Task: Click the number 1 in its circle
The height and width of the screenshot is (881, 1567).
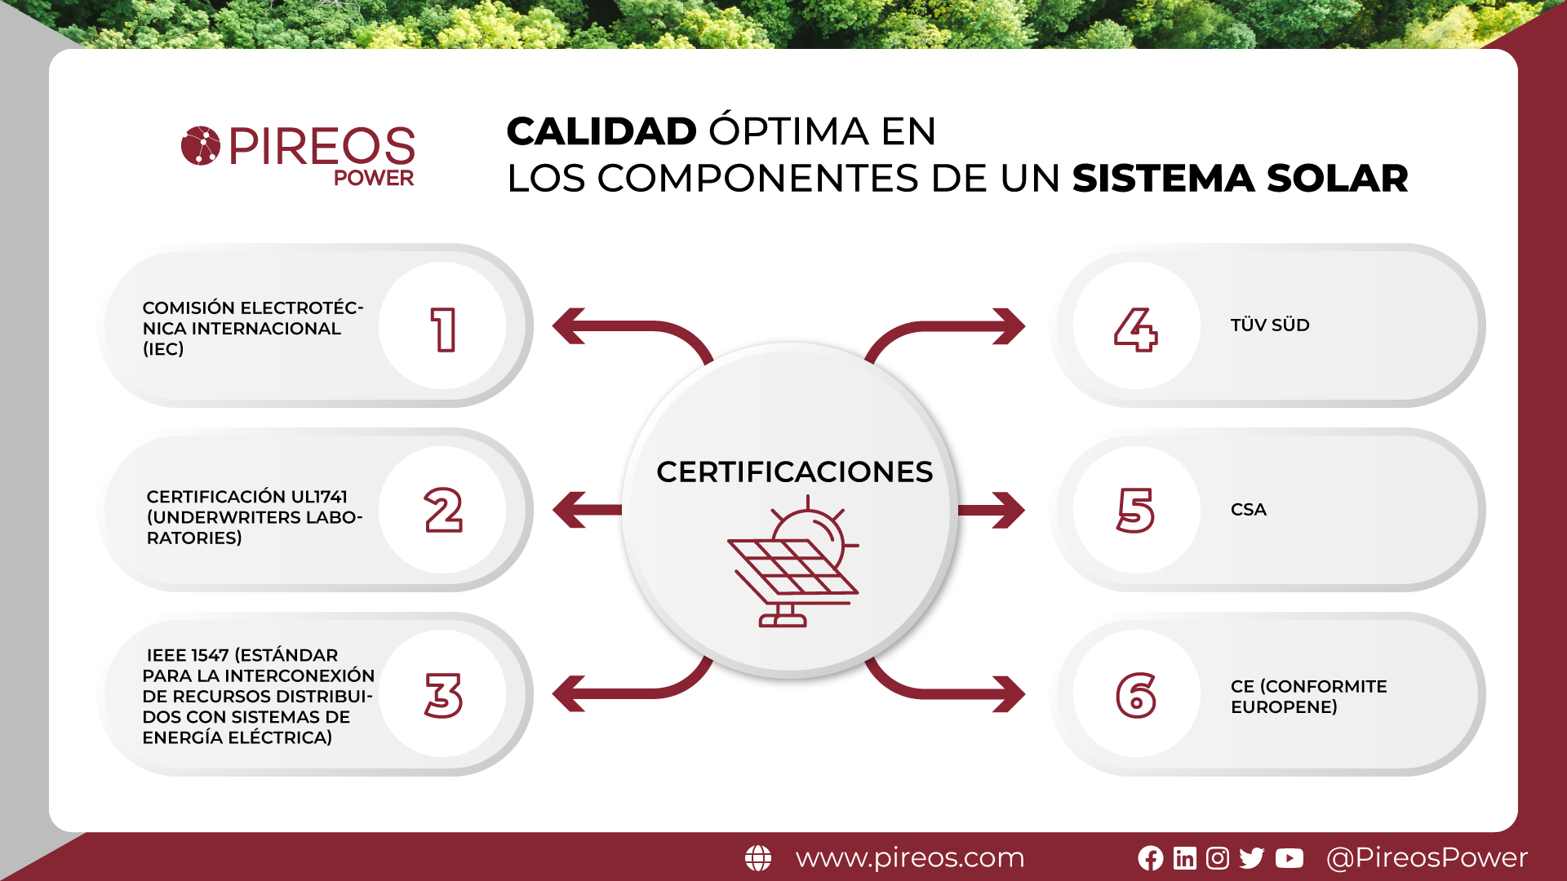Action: coord(442,326)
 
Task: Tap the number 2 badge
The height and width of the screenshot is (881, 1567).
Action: coord(442,510)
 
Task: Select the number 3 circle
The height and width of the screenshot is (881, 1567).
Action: coord(442,694)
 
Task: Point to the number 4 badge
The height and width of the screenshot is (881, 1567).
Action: coord(1136,326)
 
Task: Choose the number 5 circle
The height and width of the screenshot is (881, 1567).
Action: coord(1136,510)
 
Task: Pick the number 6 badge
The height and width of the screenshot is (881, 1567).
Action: coord(1136,694)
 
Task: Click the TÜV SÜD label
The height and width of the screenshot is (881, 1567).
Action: coord(1270,325)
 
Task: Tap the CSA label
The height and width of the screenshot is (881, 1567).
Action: coord(1249,510)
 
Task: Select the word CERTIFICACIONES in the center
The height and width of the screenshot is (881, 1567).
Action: coord(794,471)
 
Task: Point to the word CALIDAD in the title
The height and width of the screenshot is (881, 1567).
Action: coord(601,131)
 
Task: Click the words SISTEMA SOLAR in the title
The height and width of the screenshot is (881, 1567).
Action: coord(1241,178)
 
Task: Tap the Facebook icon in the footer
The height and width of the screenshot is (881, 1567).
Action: coord(1151,858)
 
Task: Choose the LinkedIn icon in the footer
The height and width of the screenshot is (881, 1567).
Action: coord(1185,858)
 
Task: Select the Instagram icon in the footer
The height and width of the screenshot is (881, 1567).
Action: coord(1218,858)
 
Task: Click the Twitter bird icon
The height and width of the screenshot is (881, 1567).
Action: coord(1251,858)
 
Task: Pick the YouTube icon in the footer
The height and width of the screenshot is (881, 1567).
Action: coord(1290,858)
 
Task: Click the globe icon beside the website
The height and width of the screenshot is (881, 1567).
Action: coord(758,858)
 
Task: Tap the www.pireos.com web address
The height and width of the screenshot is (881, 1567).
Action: coord(910,858)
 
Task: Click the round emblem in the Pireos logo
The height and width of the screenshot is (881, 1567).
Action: coord(201,146)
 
